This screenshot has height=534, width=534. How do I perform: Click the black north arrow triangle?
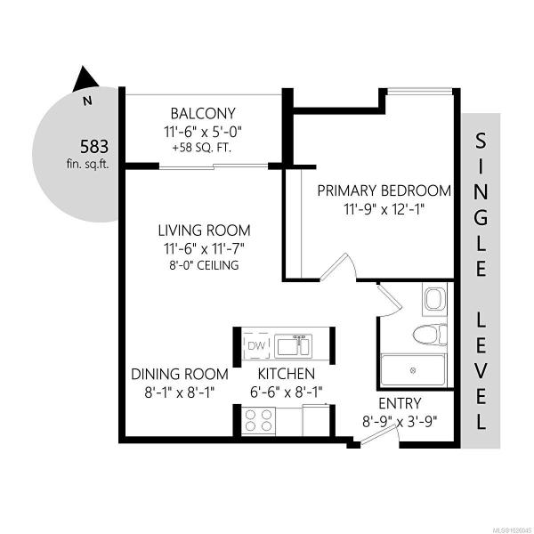[85, 80]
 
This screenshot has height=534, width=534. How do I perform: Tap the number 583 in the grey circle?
[94, 147]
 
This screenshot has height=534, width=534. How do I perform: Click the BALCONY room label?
[203, 113]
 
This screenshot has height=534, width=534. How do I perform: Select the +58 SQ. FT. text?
[202, 148]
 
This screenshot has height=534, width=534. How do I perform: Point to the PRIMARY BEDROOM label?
[384, 190]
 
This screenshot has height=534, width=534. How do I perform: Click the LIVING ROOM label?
[205, 231]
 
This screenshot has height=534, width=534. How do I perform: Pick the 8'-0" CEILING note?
[204, 265]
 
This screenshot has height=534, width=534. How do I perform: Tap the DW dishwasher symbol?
[257, 346]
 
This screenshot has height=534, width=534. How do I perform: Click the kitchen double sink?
[293, 346]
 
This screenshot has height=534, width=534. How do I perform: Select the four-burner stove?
[259, 421]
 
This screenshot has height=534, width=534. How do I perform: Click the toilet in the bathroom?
[430, 334]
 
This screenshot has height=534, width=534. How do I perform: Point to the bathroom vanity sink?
[434, 299]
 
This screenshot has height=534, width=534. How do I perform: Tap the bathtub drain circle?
[414, 370]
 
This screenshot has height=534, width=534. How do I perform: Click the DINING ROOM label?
[180, 375]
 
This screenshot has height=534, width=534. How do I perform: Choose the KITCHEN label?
[287, 374]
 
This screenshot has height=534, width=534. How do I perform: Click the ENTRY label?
[400, 403]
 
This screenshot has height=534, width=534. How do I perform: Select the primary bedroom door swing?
[339, 267]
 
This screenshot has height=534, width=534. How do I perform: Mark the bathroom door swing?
[390, 301]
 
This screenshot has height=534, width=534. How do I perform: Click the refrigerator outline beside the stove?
[316, 420]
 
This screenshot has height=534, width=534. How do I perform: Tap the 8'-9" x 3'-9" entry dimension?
[399, 422]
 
